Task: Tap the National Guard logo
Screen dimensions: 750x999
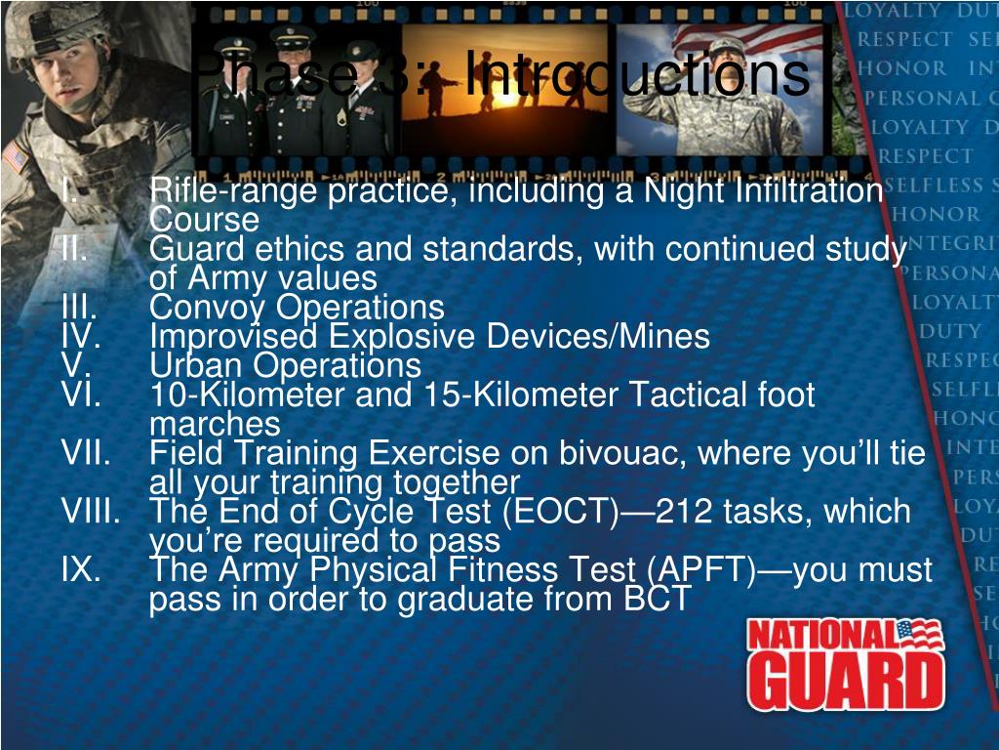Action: point(845,664)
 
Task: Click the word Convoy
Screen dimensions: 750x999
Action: point(211,308)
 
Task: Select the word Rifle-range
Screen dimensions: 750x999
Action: point(234,191)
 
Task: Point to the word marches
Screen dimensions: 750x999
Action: point(215,425)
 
